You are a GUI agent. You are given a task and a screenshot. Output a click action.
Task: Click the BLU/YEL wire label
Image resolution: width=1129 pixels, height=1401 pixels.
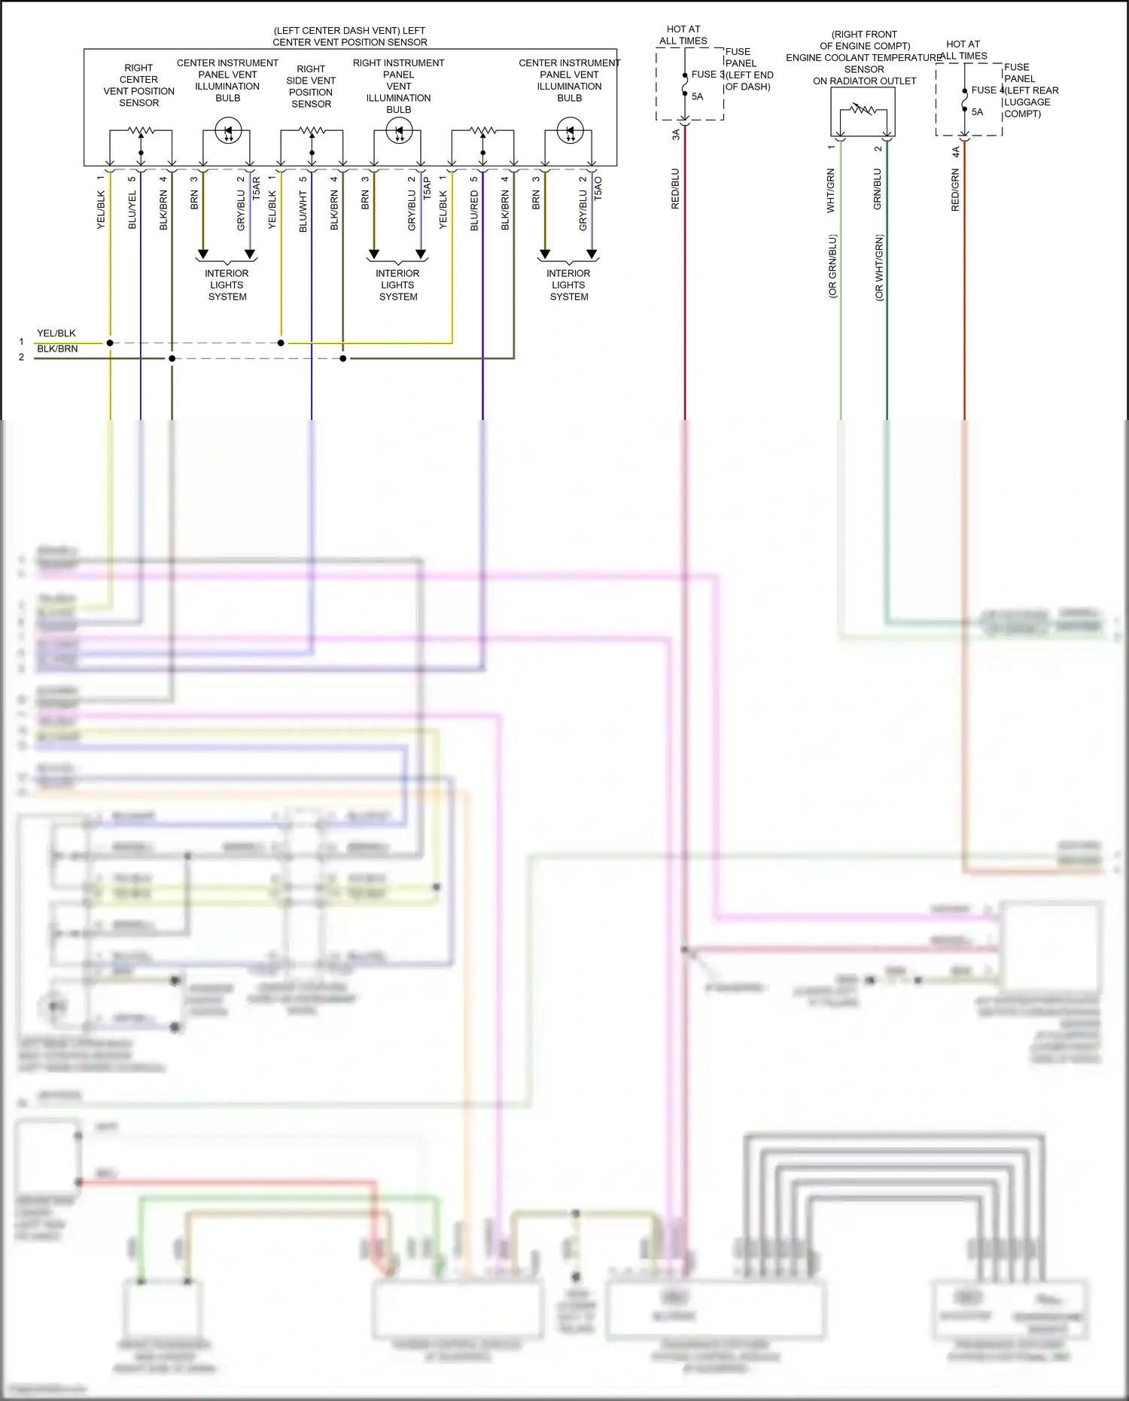(132, 210)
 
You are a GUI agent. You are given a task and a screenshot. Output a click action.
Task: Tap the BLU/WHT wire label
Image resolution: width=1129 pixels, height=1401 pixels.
(303, 212)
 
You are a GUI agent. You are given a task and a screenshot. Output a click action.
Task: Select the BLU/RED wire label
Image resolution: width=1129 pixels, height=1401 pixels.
(474, 210)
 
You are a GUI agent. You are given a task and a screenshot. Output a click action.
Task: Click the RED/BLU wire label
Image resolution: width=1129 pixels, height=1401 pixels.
(675, 188)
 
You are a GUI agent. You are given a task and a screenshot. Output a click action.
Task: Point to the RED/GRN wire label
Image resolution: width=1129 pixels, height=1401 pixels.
(955, 190)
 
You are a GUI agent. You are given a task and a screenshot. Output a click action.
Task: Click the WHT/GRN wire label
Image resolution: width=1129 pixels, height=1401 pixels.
(831, 190)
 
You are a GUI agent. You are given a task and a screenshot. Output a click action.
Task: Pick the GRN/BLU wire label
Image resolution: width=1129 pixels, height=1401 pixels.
(877, 189)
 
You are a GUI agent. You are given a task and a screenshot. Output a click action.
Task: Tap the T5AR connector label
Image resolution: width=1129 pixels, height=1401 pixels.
(257, 188)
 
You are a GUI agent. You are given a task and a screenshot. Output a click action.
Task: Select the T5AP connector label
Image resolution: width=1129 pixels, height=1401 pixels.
(428, 188)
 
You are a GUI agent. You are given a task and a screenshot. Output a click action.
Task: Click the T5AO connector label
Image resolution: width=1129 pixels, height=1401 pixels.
(598, 188)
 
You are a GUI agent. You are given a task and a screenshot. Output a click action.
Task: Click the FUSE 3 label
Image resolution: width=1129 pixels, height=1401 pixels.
(708, 75)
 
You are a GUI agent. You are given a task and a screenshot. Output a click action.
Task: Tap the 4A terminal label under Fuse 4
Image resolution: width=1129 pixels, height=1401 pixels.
(956, 152)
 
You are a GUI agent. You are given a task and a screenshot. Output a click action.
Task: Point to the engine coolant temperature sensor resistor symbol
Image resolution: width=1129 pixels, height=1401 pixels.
(863, 110)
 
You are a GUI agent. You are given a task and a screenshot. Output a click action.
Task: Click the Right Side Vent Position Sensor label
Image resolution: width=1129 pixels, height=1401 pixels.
(311, 87)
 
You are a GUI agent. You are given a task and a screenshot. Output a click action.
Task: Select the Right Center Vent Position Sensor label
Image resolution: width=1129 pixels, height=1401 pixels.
(139, 85)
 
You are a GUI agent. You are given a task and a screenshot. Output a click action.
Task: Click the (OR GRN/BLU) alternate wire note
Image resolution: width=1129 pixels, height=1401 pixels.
(832, 266)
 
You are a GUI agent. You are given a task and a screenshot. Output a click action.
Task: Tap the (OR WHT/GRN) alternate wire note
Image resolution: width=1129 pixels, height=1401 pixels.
(879, 268)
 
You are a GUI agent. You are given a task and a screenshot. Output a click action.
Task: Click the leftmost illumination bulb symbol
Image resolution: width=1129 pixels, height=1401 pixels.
(227, 131)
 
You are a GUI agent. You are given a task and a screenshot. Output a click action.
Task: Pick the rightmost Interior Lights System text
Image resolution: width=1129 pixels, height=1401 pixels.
(569, 285)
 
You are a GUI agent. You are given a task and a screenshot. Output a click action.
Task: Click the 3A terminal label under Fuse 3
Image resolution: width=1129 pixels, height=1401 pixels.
(676, 134)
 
